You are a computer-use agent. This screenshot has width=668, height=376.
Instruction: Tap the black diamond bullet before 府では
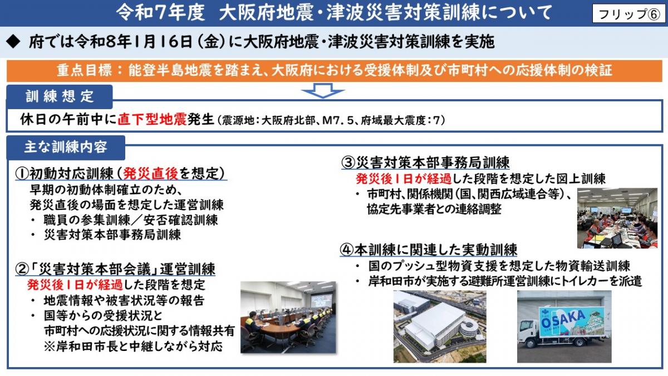[13, 42]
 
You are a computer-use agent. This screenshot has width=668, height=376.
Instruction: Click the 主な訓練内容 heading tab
[66, 148]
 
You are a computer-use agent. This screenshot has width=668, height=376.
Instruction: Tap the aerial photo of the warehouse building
[440, 326]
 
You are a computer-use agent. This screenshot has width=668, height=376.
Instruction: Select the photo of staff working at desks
[617, 218]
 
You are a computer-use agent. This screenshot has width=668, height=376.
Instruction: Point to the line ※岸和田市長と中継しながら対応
[134, 346]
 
